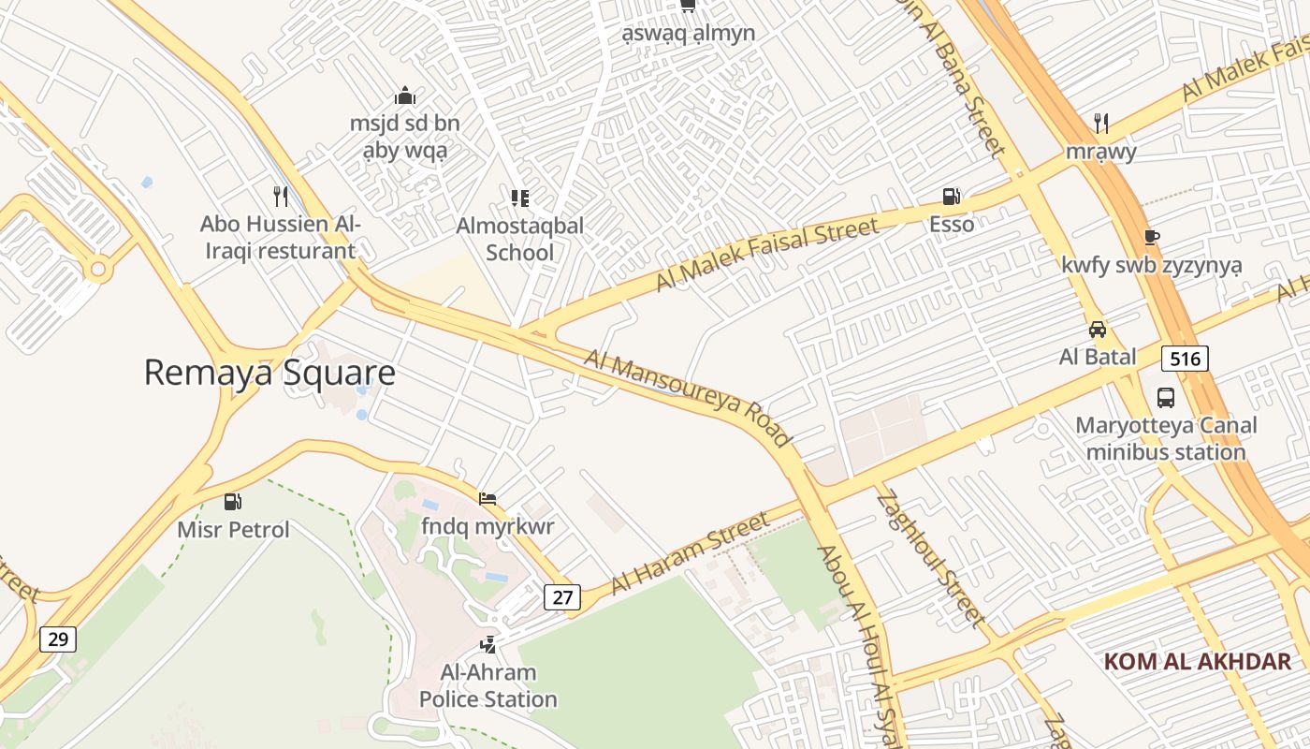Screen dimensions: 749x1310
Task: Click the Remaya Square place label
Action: [x=269, y=373]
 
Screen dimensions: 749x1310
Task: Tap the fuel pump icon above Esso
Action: [x=952, y=197]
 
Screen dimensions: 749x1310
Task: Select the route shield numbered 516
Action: [x=1186, y=358]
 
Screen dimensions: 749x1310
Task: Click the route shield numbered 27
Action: [x=561, y=597]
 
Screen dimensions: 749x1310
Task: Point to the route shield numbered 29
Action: [x=58, y=639]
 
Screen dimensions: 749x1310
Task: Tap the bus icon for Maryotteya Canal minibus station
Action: [x=1166, y=397]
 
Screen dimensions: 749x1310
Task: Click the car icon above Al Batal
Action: [x=1098, y=330]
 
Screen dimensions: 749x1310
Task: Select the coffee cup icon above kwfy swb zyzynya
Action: [x=1151, y=237]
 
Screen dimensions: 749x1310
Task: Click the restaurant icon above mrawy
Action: [x=1101, y=123]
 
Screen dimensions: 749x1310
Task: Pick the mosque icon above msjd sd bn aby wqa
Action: [x=404, y=95]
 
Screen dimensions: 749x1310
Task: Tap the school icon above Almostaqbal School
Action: [x=520, y=198]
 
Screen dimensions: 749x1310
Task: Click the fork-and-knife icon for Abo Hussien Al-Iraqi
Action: [x=280, y=196]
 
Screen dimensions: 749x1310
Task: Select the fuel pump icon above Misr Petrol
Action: [x=233, y=502]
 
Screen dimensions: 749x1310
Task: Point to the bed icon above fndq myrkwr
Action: [x=488, y=499]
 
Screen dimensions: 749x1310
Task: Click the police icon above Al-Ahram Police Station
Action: [x=488, y=644]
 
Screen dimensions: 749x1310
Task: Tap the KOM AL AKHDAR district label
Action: [x=1197, y=662]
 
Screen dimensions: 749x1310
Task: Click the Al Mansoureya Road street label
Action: [x=688, y=398]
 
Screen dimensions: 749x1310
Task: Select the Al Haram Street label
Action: [x=690, y=553]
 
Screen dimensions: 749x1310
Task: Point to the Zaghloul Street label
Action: [x=930, y=558]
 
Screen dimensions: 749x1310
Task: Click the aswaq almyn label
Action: [x=689, y=34]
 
